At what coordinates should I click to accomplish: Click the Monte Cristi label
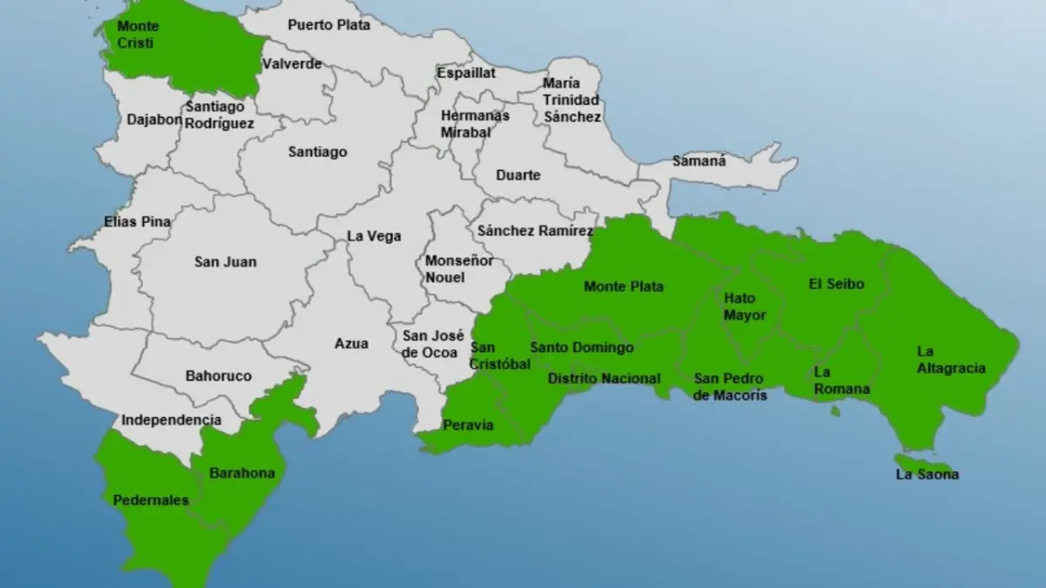pos(138,34)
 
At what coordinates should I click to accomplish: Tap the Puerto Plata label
pos(329,24)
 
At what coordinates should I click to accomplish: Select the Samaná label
pos(699,161)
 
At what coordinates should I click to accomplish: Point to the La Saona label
pos(927,475)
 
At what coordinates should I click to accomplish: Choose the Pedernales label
pos(151,500)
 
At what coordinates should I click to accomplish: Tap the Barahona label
pos(241,473)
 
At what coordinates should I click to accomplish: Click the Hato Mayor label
pos(745,307)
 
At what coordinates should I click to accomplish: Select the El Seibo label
pos(836,284)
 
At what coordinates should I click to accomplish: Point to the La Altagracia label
pos(951,360)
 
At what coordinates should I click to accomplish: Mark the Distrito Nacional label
pos(603,378)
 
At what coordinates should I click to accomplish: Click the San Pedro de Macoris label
pos(730,386)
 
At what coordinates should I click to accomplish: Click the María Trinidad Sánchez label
pos(571,99)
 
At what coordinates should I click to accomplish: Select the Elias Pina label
pos(137,221)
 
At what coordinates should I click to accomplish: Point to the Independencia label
pos(171,420)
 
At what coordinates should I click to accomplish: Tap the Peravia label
pos(468,425)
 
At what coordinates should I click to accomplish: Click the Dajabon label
pos(154,119)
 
